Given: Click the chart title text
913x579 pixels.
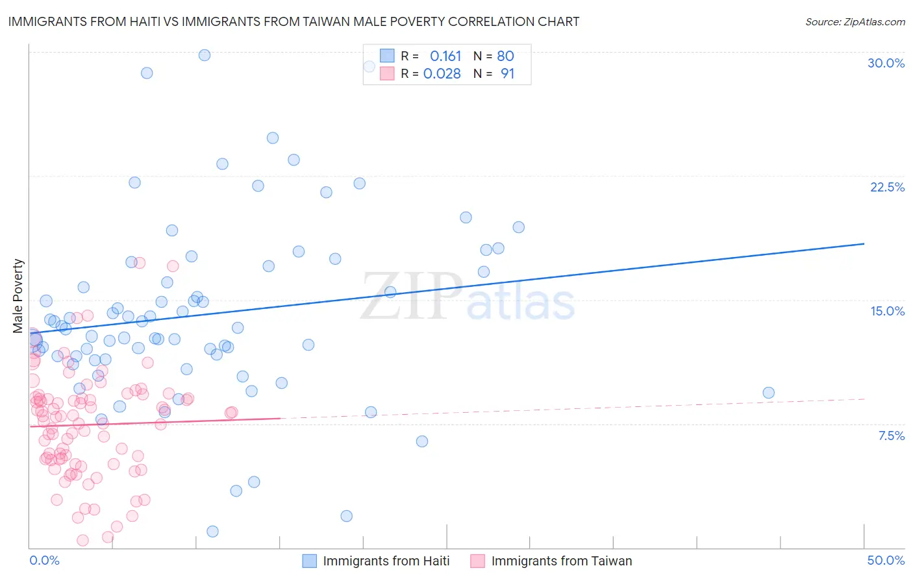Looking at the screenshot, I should [x=293, y=21].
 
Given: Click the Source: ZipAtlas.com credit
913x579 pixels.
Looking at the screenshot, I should [x=855, y=21].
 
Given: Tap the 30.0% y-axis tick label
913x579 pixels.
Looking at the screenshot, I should [x=886, y=63].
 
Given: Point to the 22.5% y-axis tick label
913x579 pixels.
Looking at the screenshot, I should [x=887, y=187].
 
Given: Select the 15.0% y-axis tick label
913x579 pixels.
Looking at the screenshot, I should [x=887, y=311].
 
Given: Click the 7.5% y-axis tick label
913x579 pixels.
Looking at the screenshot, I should [x=891, y=436].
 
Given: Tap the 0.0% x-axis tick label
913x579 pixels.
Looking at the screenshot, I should [x=44, y=560].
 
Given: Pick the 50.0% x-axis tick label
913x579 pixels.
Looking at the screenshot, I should [x=886, y=560].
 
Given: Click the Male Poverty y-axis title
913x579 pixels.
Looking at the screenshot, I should [x=18, y=296].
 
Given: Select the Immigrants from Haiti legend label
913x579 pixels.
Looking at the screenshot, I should [x=386, y=561].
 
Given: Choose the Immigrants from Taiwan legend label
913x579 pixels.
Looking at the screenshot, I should [x=561, y=561].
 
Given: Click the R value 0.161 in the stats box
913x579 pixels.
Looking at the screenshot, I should [x=445, y=56].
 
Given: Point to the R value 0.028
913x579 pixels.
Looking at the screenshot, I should [x=442, y=74].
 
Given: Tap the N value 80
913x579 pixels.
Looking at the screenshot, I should [x=505, y=56].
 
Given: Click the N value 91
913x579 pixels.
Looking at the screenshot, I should [x=507, y=74].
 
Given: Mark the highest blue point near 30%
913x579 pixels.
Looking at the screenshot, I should [x=205, y=55].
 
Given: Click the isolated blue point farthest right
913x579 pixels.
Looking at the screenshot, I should [x=768, y=393].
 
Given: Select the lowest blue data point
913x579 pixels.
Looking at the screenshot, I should [x=212, y=532].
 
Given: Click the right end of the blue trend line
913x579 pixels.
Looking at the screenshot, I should [x=864, y=243].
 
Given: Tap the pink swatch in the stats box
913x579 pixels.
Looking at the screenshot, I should [x=387, y=73].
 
